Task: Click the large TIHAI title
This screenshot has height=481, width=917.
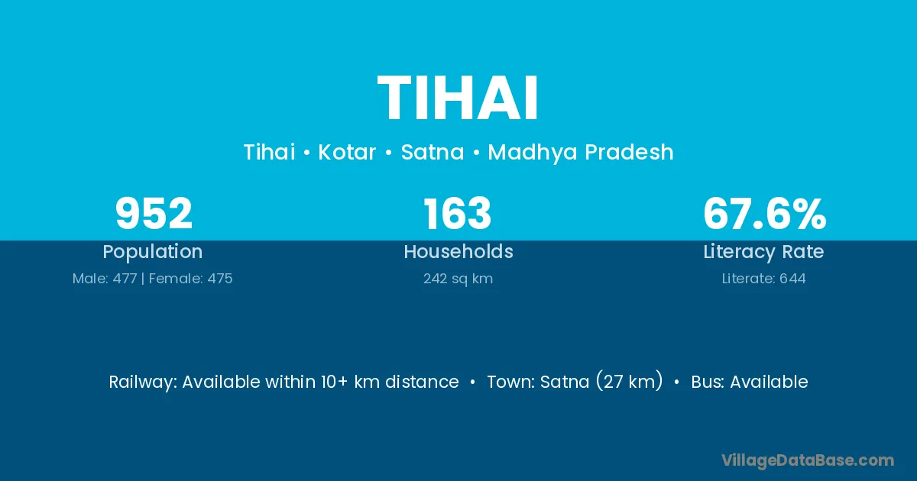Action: click(458, 98)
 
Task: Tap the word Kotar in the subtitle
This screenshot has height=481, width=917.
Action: click(347, 152)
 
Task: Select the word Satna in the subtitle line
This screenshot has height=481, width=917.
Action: click(433, 152)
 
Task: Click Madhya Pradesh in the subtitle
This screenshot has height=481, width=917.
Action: click(581, 153)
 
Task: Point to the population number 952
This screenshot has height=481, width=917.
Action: click(154, 213)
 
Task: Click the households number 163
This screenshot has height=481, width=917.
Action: click(457, 213)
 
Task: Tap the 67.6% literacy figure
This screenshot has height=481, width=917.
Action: click(765, 213)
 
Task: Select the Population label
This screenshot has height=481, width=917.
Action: click(153, 252)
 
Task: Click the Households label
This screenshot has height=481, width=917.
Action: click(458, 251)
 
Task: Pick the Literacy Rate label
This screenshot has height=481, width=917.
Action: click(764, 252)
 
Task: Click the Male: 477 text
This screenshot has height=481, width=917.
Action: click(105, 279)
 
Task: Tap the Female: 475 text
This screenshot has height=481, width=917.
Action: click(191, 279)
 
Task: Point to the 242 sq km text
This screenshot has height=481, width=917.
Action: click(458, 279)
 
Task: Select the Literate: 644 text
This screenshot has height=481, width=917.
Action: click(764, 279)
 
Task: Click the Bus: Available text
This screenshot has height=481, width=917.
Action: click(750, 382)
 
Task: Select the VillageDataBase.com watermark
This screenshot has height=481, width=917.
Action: click(808, 460)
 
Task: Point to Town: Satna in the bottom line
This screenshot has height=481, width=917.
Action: click(538, 382)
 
